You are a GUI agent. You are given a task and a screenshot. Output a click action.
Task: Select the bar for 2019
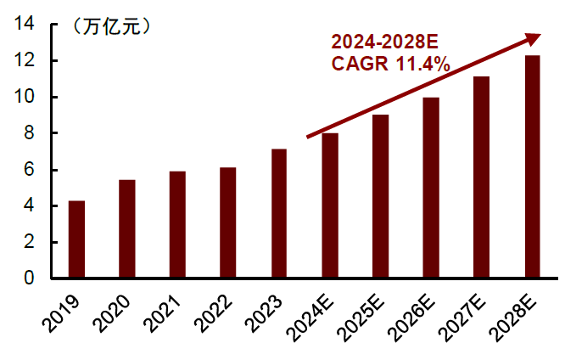pyautogui.click(x=76, y=239)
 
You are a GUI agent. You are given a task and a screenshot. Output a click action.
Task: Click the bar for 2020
pyautogui.click(x=127, y=229)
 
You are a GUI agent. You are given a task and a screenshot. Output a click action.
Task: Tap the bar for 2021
pyautogui.click(x=177, y=225)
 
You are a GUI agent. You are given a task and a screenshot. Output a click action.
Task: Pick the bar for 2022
pyautogui.click(x=228, y=222)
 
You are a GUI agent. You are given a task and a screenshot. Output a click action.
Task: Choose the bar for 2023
pyautogui.click(x=279, y=214)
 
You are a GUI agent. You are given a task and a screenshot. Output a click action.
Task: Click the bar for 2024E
pyautogui.click(x=330, y=205)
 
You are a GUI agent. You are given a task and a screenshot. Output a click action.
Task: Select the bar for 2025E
pyautogui.click(x=381, y=196)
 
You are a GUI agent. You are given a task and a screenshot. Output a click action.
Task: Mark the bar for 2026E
pyautogui.click(x=431, y=188)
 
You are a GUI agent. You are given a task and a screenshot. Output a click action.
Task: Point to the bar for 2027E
pyautogui.click(x=482, y=177)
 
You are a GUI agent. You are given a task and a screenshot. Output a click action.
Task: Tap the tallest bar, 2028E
pyautogui.click(x=533, y=167)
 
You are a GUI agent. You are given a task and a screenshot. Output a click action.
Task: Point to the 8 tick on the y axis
pyautogui.click(x=29, y=133)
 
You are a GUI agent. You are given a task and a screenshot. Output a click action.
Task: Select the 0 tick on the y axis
pyautogui.click(x=29, y=278)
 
